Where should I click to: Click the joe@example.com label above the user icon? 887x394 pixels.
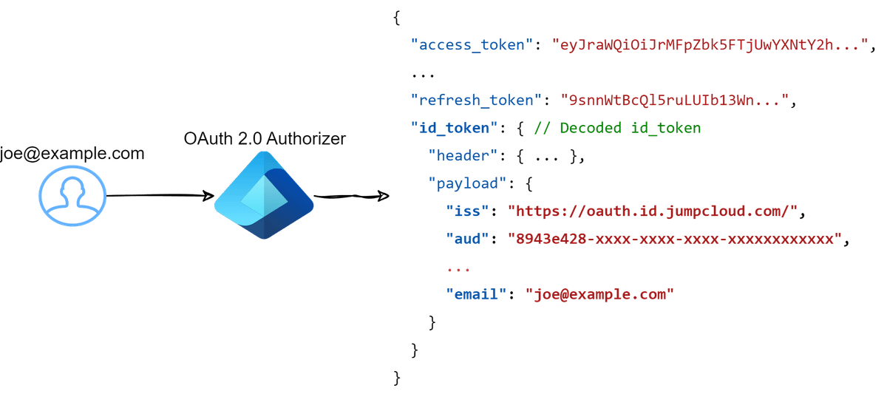(72, 154)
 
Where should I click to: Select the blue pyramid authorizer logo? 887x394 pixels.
(264, 196)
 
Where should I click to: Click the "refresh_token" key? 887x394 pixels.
(478, 99)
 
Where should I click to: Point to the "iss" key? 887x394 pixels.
(470, 211)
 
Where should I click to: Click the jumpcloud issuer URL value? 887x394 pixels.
(653, 211)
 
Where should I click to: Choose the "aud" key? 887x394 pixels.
(470, 238)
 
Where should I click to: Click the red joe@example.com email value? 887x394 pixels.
(599, 293)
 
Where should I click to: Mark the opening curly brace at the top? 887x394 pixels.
(397, 17)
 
